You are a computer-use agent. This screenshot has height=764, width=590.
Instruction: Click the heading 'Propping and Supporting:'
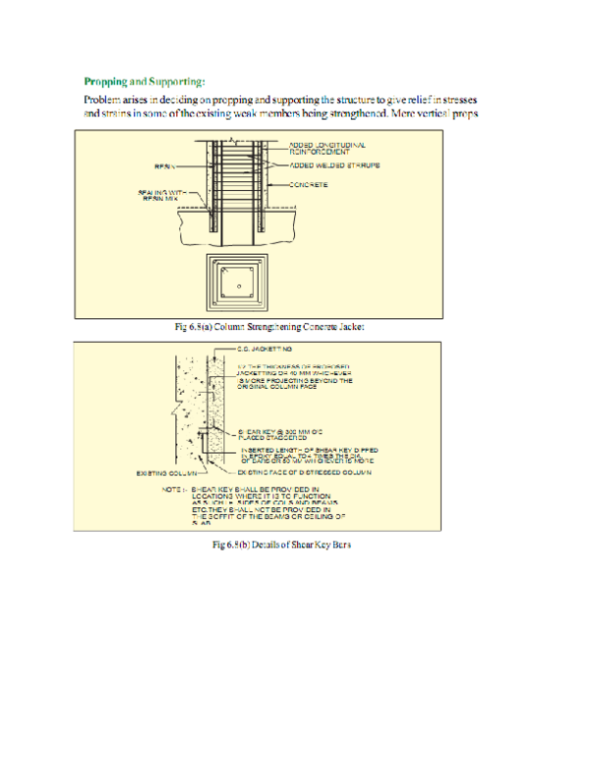pyautogui.click(x=144, y=81)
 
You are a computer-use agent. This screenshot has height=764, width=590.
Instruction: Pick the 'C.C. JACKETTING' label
pyautogui.click(x=266, y=350)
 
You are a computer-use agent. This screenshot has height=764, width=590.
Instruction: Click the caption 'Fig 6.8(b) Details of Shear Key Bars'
pyautogui.click(x=266, y=544)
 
